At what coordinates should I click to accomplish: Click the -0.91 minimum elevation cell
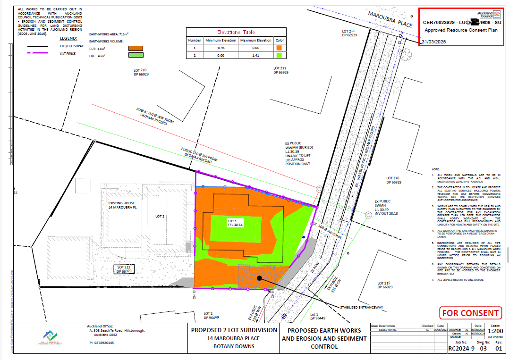click(x=221, y=48)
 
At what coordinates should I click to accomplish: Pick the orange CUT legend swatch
click(x=135, y=48)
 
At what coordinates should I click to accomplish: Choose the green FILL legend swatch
click(x=135, y=56)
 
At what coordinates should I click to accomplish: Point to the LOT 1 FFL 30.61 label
click(x=235, y=223)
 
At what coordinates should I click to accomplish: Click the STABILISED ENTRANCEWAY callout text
click(x=362, y=307)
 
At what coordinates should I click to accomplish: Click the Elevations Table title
click(x=236, y=32)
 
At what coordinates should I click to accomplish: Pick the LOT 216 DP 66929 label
click(x=393, y=180)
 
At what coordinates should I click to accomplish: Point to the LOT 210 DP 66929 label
click(x=141, y=72)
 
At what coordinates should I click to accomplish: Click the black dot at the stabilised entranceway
click(x=259, y=278)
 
